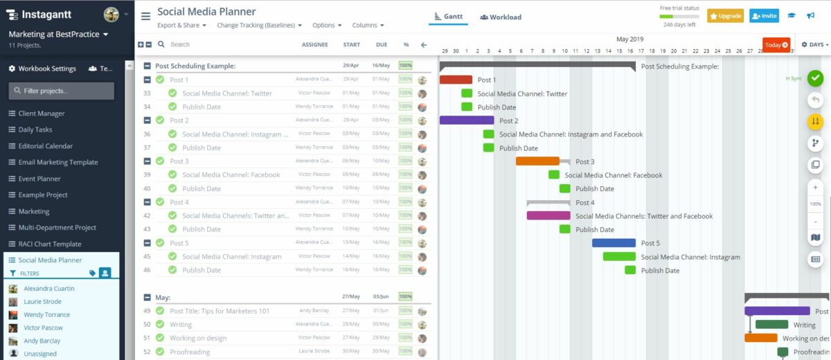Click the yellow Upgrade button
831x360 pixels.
click(725, 16)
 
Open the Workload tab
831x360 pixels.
click(501, 17)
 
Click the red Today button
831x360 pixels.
click(776, 45)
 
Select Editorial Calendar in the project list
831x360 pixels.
click(45, 146)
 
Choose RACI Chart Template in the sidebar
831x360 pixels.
click(49, 244)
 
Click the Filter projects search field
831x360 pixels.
click(62, 91)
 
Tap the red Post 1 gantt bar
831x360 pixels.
click(456, 80)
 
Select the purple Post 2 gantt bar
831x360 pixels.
click(467, 120)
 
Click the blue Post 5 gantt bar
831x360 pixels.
click(614, 243)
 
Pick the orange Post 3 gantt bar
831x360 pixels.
click(537, 161)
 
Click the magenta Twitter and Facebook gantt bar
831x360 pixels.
click(548, 215)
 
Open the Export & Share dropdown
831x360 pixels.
click(182, 26)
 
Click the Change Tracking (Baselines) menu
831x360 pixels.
click(259, 26)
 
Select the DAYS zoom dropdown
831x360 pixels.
click(814, 45)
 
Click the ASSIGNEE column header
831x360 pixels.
click(314, 45)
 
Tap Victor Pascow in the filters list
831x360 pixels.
click(43, 327)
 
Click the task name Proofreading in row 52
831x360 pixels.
click(189, 352)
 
